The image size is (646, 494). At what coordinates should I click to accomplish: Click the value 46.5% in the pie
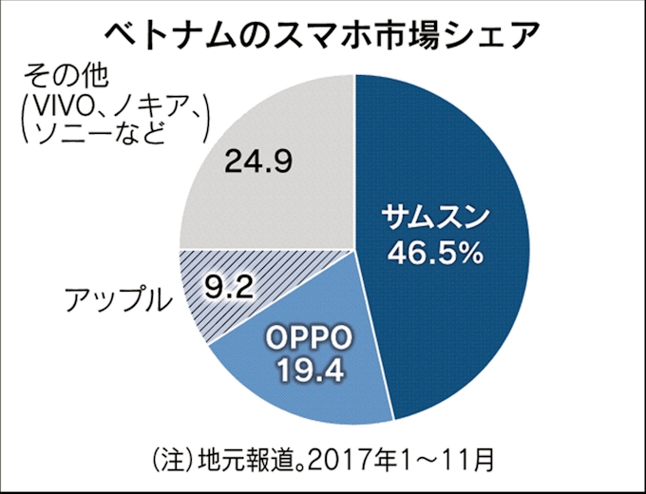432,254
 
